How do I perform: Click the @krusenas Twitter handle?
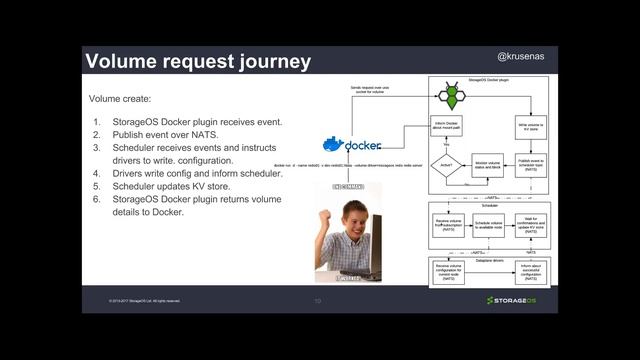(521, 59)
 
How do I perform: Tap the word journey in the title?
(273, 61)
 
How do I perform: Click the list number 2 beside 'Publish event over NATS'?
(97, 135)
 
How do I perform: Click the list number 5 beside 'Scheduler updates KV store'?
(97, 185)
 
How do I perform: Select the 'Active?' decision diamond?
(446, 166)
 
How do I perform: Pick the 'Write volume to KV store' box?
(529, 127)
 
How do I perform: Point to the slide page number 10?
(317, 300)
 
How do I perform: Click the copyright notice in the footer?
(144, 300)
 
